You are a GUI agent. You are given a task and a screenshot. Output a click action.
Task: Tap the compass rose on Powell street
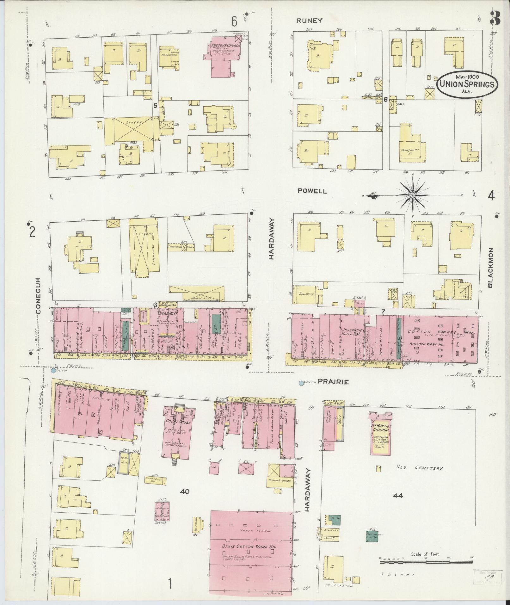(x=412, y=196)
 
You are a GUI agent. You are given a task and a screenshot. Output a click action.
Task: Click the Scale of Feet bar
(x=426, y=562)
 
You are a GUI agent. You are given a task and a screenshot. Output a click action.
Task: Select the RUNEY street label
(x=309, y=21)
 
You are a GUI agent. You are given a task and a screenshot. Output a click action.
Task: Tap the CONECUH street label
(x=39, y=296)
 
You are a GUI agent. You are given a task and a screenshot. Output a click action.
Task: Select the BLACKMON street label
(x=490, y=267)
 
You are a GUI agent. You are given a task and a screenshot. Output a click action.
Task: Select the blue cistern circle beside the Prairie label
(x=301, y=383)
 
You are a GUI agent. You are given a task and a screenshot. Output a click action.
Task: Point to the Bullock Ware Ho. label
(x=427, y=344)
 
